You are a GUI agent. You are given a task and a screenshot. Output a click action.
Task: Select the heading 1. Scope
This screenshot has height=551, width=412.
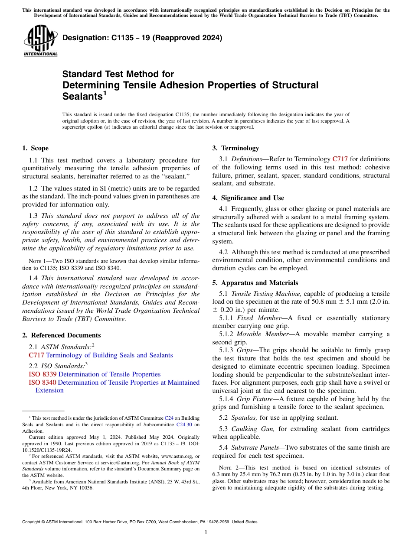pos(35,148)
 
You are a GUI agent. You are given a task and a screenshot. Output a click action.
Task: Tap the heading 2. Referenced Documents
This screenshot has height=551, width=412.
pos(61,335)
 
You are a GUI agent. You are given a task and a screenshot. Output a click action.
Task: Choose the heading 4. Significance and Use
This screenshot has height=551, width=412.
pos(248,198)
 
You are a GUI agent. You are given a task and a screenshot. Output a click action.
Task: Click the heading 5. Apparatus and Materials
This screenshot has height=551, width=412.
pos(255,283)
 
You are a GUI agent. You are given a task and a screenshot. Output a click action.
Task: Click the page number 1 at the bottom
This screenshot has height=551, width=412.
pos(206,532)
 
